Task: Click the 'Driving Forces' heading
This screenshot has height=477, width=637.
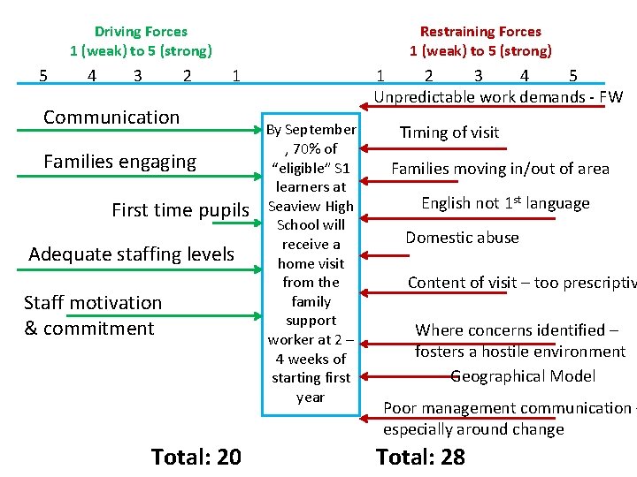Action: (141, 32)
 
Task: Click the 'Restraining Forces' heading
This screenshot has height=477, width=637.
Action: (480, 32)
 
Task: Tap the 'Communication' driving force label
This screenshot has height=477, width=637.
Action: (111, 117)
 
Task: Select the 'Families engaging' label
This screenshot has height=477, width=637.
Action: (119, 162)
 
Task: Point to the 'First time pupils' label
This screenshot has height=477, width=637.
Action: (180, 210)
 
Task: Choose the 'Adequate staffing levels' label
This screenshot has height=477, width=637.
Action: (131, 254)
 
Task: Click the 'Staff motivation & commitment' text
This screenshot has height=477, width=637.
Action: (92, 315)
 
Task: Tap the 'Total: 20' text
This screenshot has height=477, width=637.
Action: (196, 457)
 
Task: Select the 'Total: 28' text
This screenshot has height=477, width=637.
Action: (420, 457)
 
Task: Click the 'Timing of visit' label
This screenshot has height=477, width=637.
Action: (449, 132)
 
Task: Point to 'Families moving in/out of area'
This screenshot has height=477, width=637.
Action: (500, 169)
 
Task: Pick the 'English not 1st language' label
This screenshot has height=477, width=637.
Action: (505, 203)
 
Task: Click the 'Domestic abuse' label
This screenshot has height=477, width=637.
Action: (462, 238)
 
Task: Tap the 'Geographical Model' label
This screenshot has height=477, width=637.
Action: (523, 376)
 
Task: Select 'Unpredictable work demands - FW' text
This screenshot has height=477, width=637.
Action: (498, 97)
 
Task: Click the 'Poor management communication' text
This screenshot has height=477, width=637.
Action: (507, 408)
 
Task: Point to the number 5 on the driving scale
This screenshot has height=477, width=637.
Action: (44, 76)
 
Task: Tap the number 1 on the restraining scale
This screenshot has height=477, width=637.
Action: (380, 76)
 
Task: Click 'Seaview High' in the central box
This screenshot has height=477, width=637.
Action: (311, 206)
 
